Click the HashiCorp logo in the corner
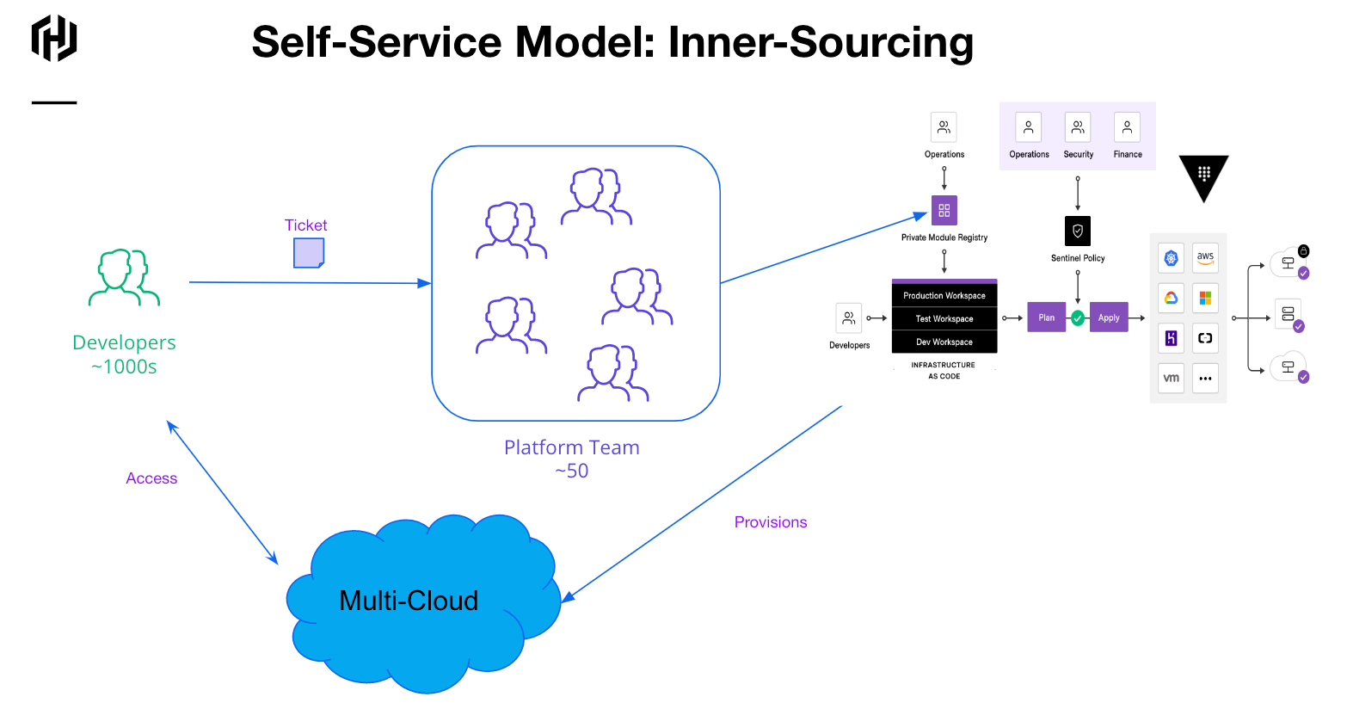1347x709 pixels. (54, 39)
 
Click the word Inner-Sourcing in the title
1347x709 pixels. (821, 42)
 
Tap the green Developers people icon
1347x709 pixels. (124, 277)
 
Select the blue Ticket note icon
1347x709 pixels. (309, 253)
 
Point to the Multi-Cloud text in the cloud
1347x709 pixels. (409, 601)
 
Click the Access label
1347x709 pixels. (151, 478)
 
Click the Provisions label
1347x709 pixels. (771, 522)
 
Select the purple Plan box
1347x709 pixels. (1046, 318)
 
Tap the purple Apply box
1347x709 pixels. (1109, 318)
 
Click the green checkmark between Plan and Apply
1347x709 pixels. (1078, 318)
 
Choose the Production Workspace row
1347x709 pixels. (944, 295)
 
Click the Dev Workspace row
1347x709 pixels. (944, 342)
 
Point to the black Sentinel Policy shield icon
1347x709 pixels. (1078, 231)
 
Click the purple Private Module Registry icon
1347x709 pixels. (944, 210)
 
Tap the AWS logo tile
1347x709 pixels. (1205, 257)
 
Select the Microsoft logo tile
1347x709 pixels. (1205, 298)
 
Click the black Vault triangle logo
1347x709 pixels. (1203, 176)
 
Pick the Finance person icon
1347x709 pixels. (1127, 127)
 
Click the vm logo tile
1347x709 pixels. (1171, 378)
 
